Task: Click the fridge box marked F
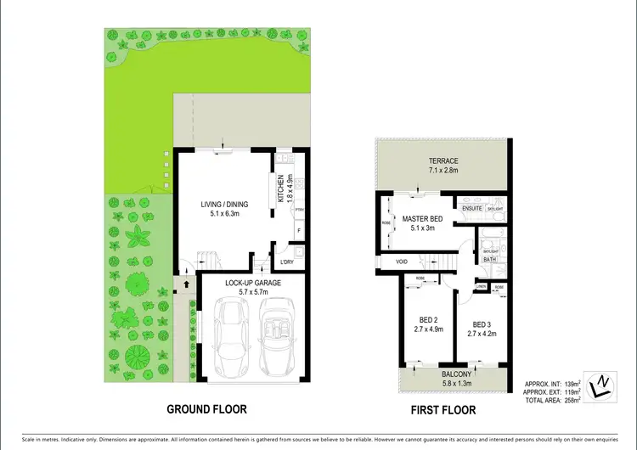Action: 298,231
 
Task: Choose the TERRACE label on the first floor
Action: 443,161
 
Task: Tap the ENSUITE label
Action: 471,208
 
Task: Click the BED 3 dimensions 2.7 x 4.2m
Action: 481,335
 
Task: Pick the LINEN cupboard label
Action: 481,287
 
